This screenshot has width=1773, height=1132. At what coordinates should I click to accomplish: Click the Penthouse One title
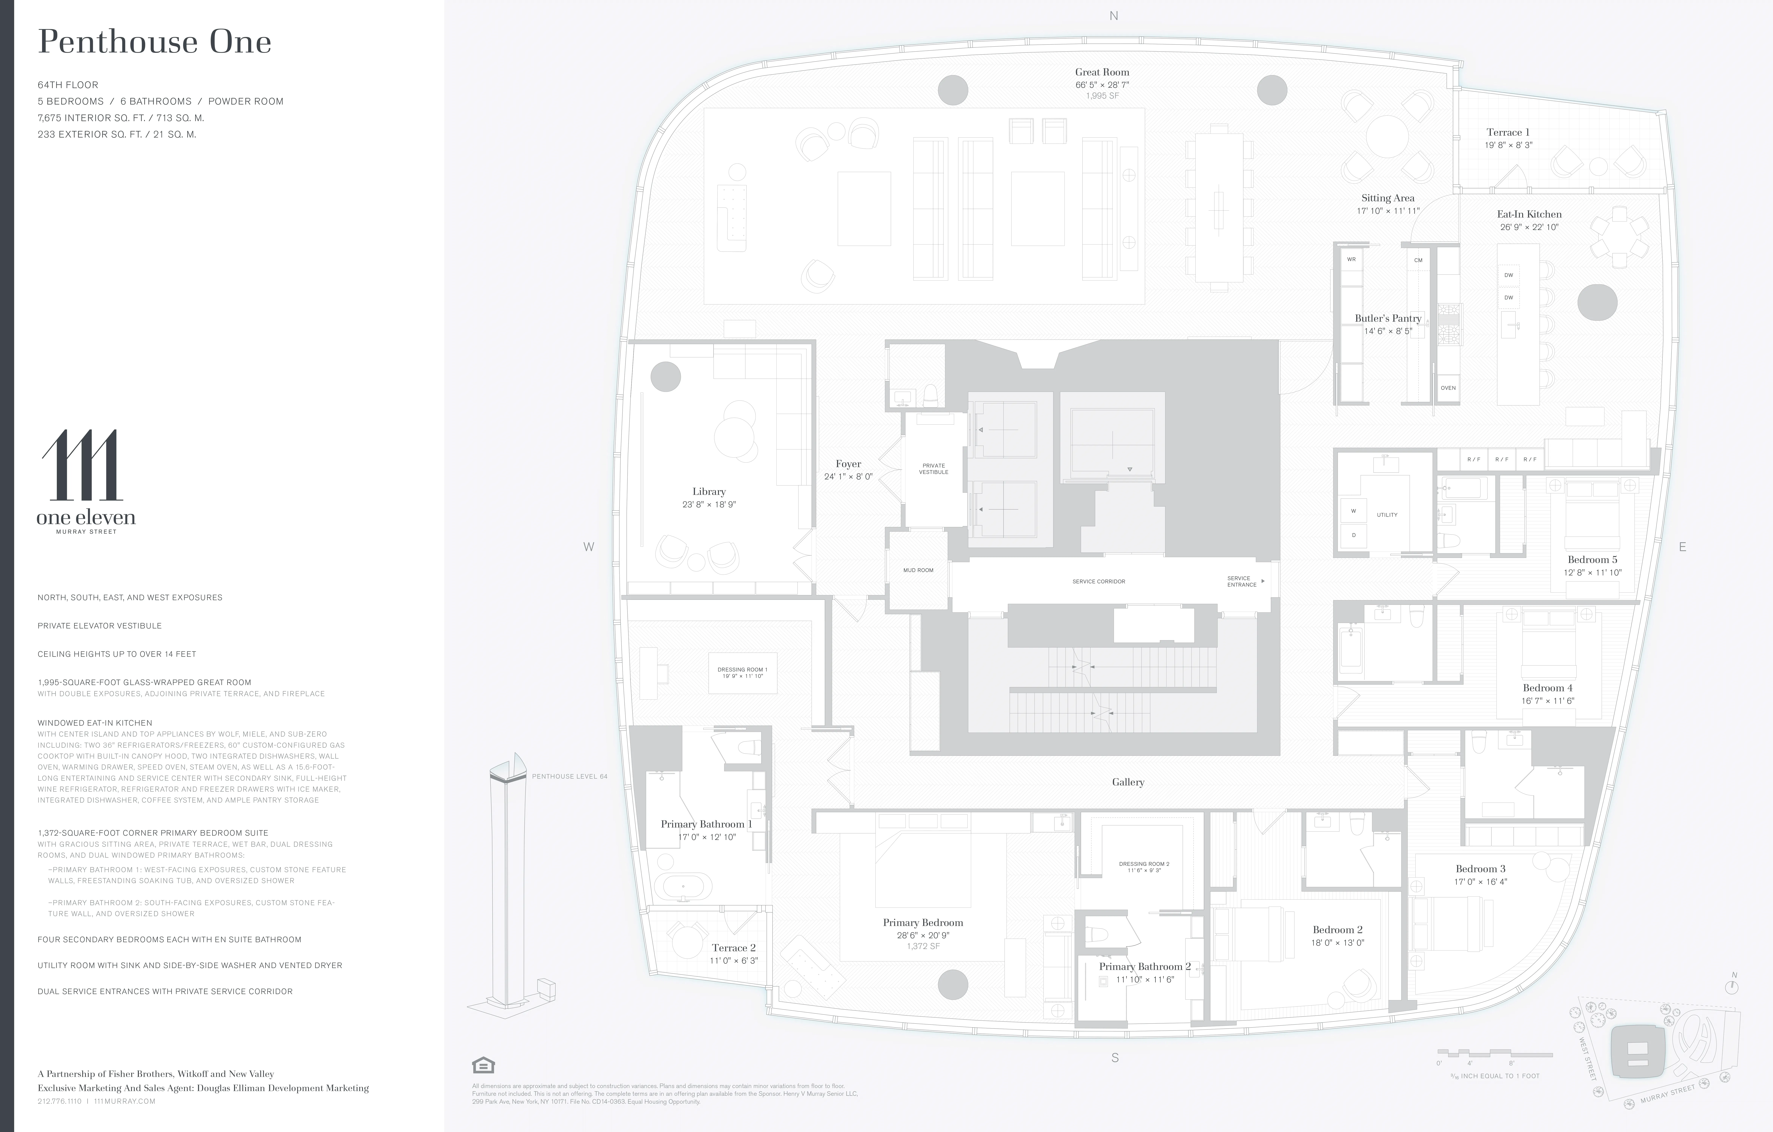[x=155, y=42]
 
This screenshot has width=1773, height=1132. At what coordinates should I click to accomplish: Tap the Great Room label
[x=1101, y=72]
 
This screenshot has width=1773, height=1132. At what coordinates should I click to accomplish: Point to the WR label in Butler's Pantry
[x=1351, y=259]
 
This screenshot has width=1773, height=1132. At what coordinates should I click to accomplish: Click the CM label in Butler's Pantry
[x=1418, y=260]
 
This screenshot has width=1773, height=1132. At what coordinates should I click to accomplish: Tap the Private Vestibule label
[x=934, y=468]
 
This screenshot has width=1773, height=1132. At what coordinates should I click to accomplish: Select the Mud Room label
[x=918, y=570]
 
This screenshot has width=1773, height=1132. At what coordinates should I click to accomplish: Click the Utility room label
[x=1387, y=515]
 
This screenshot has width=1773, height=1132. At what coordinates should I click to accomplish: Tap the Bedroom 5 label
[x=1592, y=560]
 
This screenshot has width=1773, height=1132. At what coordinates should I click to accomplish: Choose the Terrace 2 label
[x=733, y=948]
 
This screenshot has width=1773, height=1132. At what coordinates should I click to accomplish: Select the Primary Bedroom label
[x=923, y=923]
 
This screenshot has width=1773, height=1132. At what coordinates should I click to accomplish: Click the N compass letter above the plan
[x=1113, y=15]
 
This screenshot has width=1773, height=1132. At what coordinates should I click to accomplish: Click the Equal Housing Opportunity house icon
[x=483, y=1065]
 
